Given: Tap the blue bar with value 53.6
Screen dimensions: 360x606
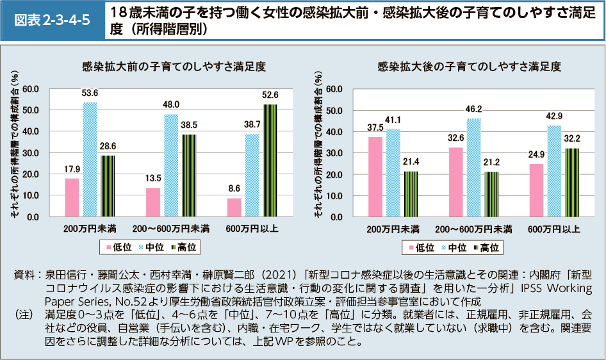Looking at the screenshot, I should (90, 160).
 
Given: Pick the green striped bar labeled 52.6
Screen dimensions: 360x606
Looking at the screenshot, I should (270, 160).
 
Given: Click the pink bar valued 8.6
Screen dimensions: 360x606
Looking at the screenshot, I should (234, 208).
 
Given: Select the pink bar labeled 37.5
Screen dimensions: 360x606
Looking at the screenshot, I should (375, 177).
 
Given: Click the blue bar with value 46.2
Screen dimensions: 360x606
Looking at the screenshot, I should (474, 168).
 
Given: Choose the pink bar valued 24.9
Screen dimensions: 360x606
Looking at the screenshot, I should (536, 190).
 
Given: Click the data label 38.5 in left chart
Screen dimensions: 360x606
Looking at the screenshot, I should (189, 126).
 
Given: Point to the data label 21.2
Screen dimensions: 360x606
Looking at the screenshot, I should (492, 163).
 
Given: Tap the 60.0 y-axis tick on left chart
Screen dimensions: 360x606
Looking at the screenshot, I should (31, 88).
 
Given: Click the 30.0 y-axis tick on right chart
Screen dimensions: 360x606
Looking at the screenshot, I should (334, 153).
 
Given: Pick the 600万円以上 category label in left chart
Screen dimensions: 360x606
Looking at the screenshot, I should (252, 229).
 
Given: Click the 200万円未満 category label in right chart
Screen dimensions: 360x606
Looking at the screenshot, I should (393, 229).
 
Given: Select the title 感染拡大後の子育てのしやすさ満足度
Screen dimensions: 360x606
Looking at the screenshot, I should (469, 66).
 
